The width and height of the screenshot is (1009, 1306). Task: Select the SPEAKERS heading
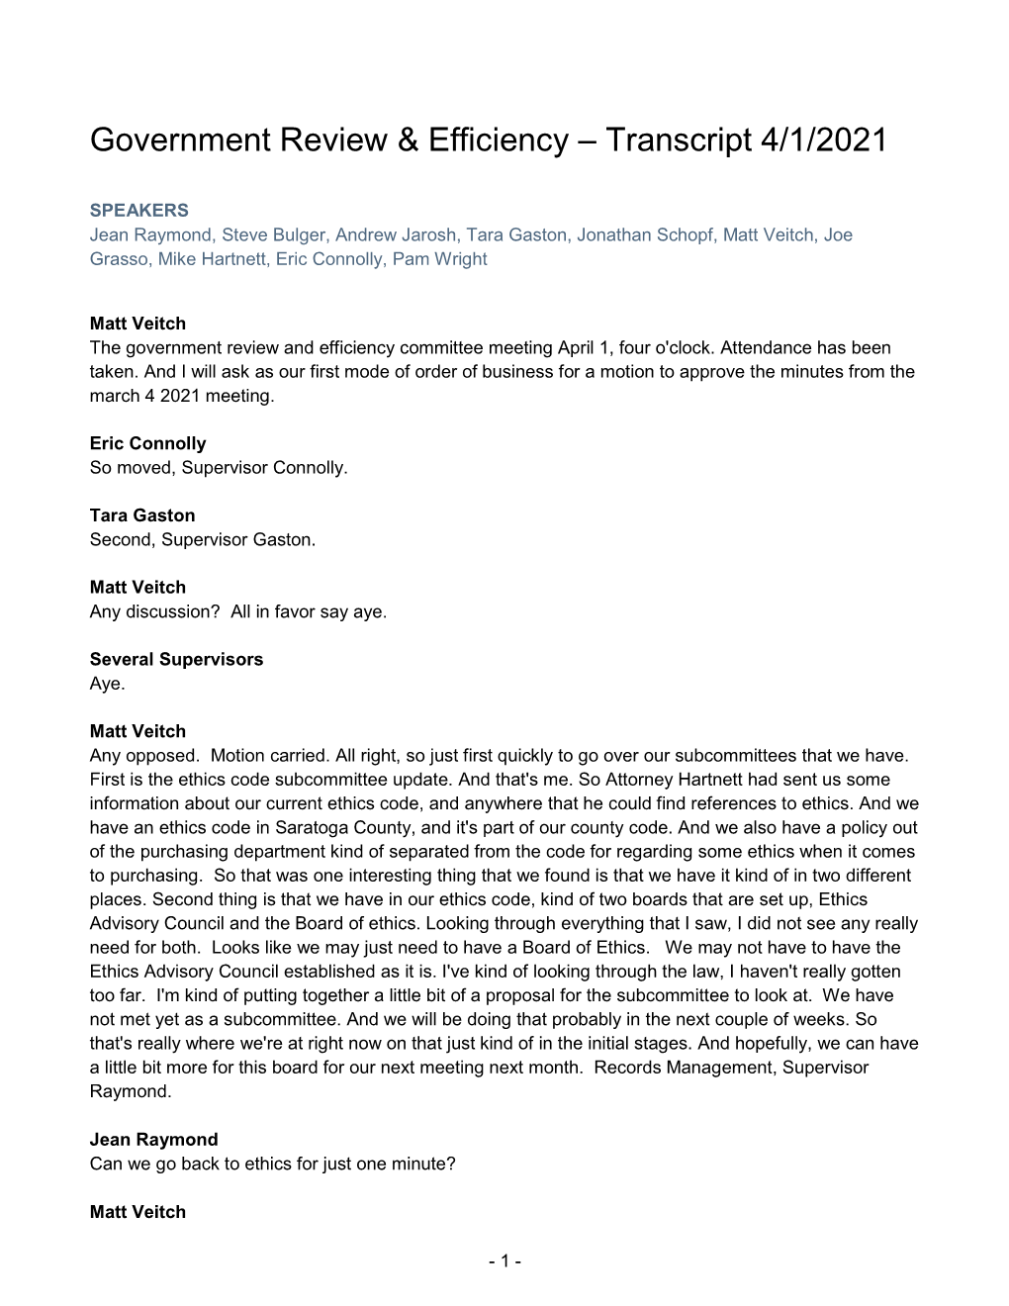tap(138, 211)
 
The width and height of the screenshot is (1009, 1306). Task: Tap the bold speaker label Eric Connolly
tap(147, 443)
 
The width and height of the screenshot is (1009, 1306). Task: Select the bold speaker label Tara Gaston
tap(142, 515)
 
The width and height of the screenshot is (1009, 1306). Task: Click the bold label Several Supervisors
tap(176, 659)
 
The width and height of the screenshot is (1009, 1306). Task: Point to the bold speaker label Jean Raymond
tap(153, 1140)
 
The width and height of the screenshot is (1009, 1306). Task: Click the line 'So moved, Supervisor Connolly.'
tap(219, 467)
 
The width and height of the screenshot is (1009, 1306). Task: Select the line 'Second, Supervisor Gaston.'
tap(202, 539)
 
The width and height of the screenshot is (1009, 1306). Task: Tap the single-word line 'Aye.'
tap(107, 684)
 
